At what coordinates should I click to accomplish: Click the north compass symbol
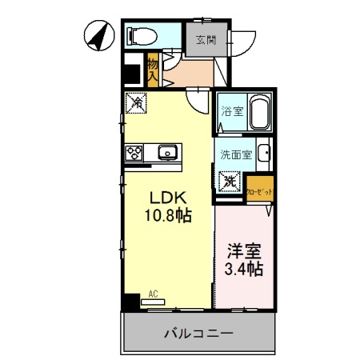[x=98, y=35]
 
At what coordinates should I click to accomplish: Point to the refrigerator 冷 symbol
[x=136, y=102]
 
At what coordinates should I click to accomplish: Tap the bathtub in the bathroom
[x=260, y=114]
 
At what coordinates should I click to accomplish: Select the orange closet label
[x=260, y=190]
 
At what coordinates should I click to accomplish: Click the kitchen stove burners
[x=133, y=152]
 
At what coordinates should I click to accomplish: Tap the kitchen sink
[x=169, y=152]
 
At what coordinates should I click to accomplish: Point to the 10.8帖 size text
[x=166, y=216]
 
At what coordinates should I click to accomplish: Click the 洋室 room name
[x=243, y=250]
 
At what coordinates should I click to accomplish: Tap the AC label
[x=153, y=294]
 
